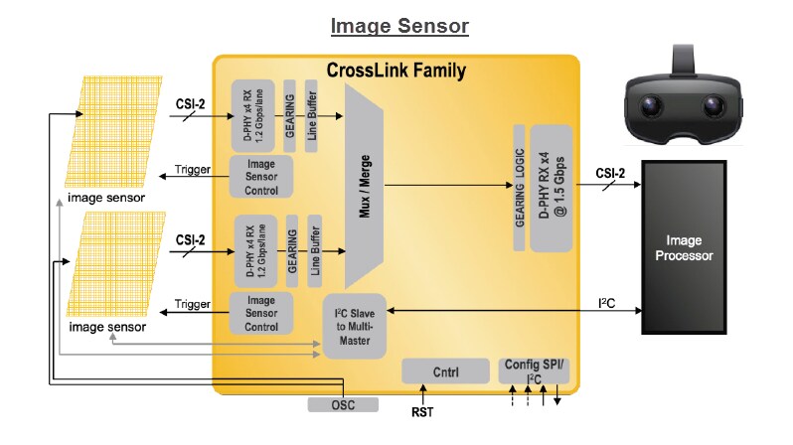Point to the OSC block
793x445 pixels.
click(x=343, y=404)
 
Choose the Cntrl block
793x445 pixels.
click(x=445, y=371)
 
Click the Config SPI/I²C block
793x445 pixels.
click(x=535, y=371)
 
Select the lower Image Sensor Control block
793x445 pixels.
click(x=261, y=313)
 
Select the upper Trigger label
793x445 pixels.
click(x=193, y=170)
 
